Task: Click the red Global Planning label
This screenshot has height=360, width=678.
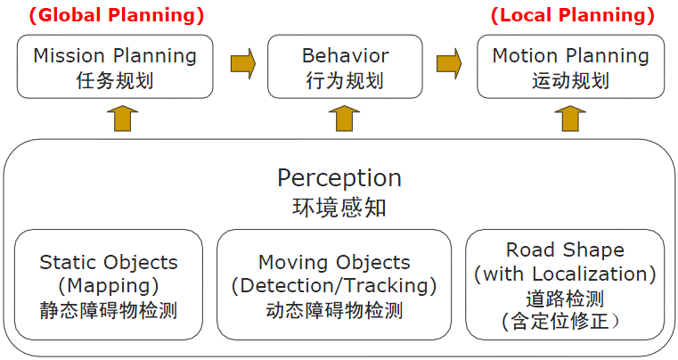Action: pos(117,15)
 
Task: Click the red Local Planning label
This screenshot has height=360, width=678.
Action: pos(573,15)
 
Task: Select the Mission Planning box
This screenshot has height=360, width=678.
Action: pos(115,67)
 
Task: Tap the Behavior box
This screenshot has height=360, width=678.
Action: pos(345,67)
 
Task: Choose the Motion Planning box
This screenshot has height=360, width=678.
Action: pos(571,67)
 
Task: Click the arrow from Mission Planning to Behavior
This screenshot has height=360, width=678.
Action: pos(243,63)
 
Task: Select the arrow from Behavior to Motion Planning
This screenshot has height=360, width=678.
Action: pos(449,63)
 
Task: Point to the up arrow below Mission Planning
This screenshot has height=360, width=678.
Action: pos(122,119)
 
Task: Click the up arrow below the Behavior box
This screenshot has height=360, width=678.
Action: pos(344,119)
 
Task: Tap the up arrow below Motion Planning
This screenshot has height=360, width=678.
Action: pos(570,119)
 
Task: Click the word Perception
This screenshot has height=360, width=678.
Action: pos(339,178)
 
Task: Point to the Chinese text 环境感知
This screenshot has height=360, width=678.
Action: pos(339,207)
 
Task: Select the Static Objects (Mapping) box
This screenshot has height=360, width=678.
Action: pos(109,285)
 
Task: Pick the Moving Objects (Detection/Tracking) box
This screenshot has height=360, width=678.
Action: pos(334,285)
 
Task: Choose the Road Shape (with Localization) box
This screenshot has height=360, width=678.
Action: pos(565,285)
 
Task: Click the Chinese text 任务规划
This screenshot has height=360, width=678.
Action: pos(115,81)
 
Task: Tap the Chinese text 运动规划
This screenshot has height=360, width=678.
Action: pos(571,81)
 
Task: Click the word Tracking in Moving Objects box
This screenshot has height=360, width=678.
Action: pos(386,286)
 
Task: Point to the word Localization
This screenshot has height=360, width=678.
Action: pos(590,274)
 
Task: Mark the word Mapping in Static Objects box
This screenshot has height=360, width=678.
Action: pos(109,286)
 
